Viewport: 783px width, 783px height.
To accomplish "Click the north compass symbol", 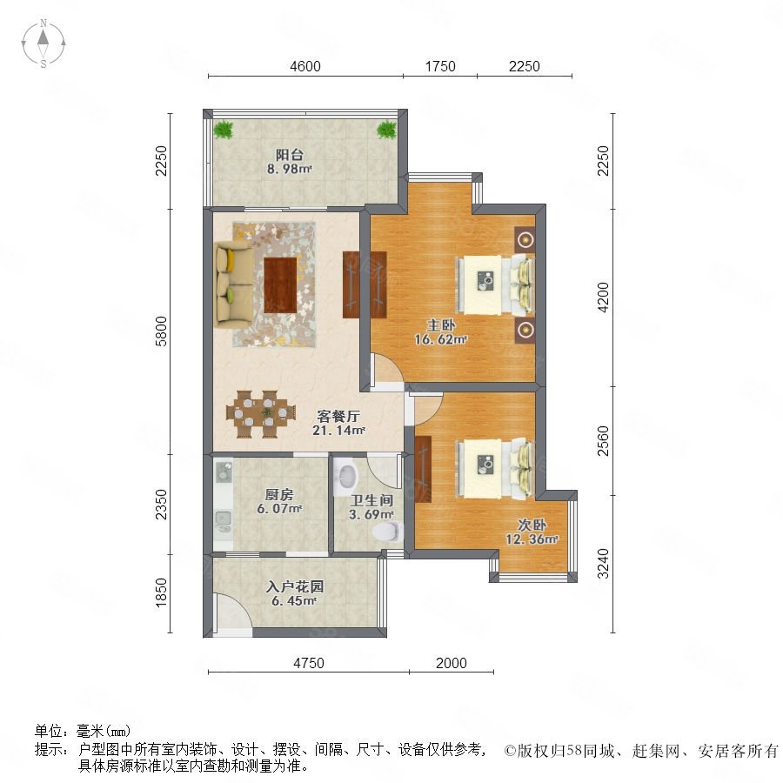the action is tap(43, 43).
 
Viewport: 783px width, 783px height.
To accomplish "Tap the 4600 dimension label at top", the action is tap(305, 66).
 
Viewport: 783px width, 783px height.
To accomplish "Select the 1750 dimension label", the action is tap(440, 66).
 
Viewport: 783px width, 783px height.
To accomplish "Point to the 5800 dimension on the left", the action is tap(161, 331).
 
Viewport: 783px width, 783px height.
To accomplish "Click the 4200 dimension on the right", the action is tap(603, 298).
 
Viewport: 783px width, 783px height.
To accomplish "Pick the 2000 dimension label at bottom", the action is tap(452, 663).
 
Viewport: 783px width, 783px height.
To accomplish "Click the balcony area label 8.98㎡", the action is tap(289, 169).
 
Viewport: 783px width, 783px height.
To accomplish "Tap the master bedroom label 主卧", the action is tap(441, 325).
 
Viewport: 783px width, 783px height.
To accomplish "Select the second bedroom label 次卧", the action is tap(532, 525).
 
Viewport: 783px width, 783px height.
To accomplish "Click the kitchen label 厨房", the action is tap(279, 494).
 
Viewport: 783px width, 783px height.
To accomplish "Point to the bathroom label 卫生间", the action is tap(371, 500).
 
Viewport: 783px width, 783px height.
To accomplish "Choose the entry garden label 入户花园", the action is tap(295, 586).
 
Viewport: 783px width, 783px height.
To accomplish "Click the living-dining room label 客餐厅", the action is tap(338, 416).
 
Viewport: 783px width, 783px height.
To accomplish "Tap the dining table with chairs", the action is tap(260, 414).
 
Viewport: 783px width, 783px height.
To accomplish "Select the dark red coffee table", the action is tap(280, 285).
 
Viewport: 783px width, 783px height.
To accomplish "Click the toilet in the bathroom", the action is tap(389, 532).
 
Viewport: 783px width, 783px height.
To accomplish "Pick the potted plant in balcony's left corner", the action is tap(224, 130).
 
